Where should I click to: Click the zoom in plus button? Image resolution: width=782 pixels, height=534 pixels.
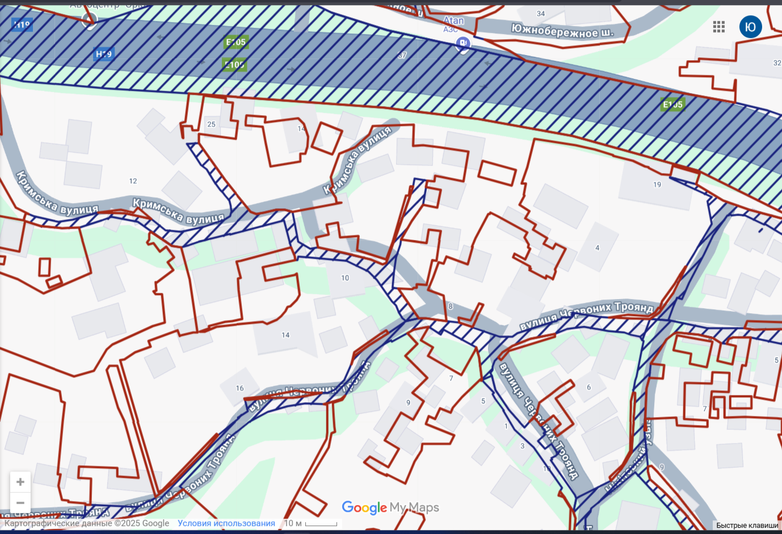pyautogui.click(x=20, y=482)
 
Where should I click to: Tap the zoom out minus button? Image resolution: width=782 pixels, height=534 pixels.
pyautogui.click(x=20, y=503)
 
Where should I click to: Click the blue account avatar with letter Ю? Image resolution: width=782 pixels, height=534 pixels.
pyautogui.click(x=750, y=27)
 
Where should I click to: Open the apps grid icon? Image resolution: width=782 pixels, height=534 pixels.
pyautogui.click(x=719, y=27)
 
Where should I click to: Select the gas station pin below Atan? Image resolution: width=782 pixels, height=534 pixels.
pyautogui.click(x=464, y=44)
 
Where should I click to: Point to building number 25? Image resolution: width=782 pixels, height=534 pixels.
pyautogui.click(x=211, y=124)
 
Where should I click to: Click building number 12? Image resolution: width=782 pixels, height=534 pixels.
pyautogui.click(x=133, y=181)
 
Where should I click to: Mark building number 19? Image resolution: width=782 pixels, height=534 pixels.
pyautogui.click(x=657, y=184)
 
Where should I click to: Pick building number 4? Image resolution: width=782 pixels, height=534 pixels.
pyautogui.click(x=597, y=248)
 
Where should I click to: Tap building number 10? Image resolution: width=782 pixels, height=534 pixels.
pyautogui.click(x=345, y=278)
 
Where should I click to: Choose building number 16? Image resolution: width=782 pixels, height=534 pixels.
pyautogui.click(x=239, y=389)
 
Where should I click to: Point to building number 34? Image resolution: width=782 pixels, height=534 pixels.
pyautogui.click(x=541, y=14)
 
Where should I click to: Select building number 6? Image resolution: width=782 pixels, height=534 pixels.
pyautogui.click(x=588, y=388)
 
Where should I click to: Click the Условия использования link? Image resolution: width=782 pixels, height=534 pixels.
pyautogui.click(x=226, y=523)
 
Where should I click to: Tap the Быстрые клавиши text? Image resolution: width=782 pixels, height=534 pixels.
pyautogui.click(x=747, y=525)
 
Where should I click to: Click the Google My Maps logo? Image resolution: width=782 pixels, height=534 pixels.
pyautogui.click(x=390, y=507)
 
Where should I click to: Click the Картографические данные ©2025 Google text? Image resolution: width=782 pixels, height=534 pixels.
pyautogui.click(x=87, y=523)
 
